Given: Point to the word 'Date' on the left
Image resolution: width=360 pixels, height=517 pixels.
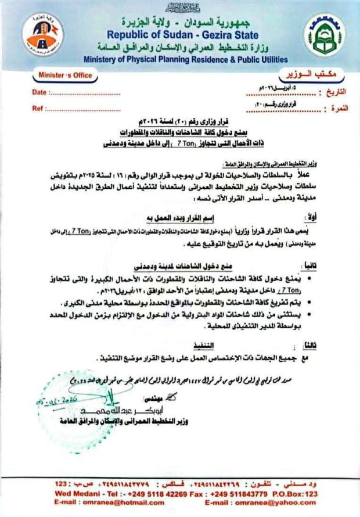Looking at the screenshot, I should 39,92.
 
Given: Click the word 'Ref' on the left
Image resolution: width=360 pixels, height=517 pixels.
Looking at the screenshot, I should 38,109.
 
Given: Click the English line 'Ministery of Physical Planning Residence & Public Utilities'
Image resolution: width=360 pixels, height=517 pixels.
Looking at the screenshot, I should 185,59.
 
